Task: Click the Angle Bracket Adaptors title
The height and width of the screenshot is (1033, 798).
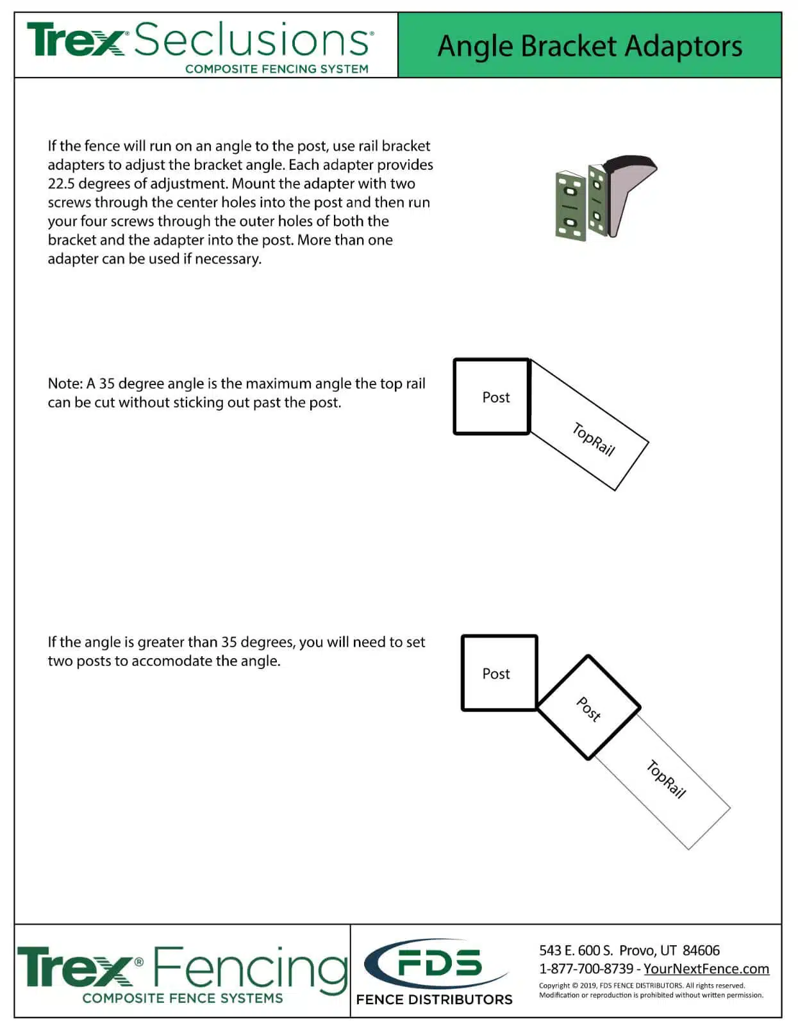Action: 589,46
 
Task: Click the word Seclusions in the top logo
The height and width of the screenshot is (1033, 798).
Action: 253,40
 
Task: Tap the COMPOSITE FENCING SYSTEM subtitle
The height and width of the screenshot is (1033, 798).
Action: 276,69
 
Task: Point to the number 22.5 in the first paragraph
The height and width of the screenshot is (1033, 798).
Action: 61,184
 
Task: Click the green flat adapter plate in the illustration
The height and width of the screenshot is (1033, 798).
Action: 570,206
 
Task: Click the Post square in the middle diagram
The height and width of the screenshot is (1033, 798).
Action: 492,397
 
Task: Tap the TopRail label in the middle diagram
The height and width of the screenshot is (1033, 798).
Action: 593,440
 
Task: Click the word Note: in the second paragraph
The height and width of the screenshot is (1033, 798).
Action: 65,384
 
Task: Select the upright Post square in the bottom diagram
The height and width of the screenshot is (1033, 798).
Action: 499,673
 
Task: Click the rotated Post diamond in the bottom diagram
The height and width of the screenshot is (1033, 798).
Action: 588,708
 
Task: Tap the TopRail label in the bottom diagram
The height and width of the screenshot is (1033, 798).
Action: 666,779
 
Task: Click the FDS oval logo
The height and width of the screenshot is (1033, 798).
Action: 436,964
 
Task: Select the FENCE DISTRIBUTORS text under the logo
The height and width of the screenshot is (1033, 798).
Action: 434,1000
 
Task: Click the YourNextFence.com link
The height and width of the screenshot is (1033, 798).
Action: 706,969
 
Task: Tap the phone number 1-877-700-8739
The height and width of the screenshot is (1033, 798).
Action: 585,969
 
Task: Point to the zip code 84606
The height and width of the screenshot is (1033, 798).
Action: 701,950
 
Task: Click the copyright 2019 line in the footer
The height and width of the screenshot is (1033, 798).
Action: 641,986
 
